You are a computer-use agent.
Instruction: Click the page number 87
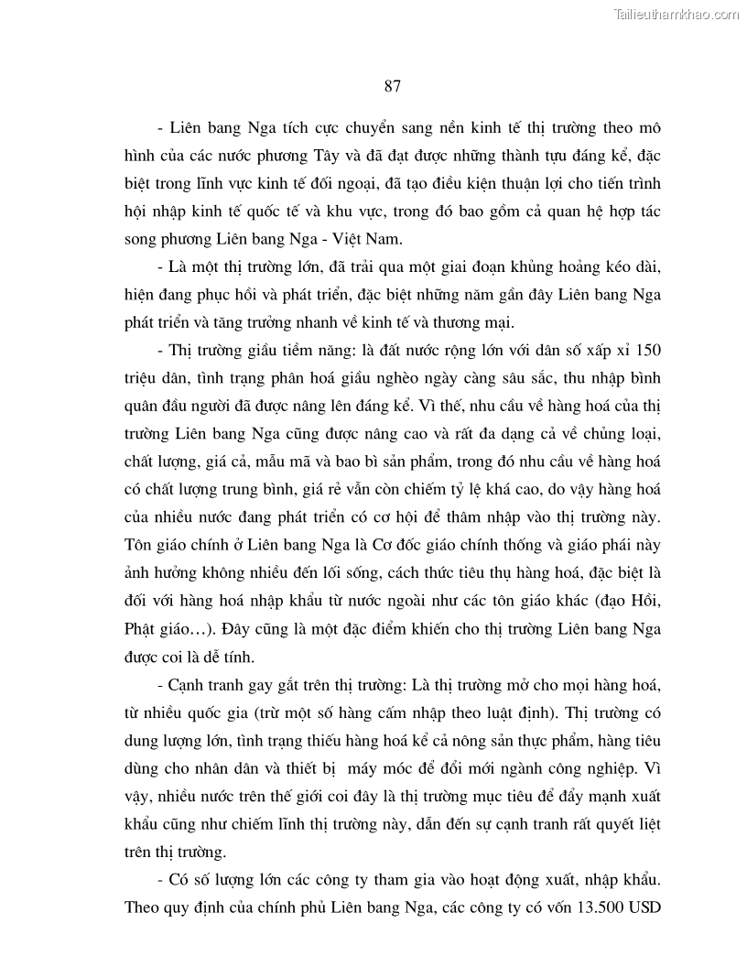pos(391,87)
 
